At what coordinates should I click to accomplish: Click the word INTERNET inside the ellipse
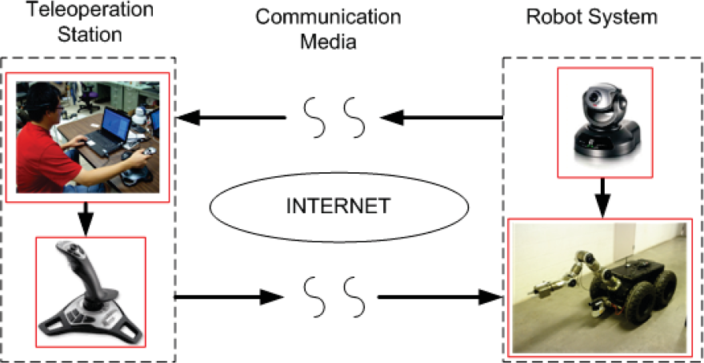[x=339, y=207]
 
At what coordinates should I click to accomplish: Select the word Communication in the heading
[x=328, y=17]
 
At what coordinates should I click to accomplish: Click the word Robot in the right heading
[x=553, y=17]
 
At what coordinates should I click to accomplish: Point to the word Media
[x=328, y=42]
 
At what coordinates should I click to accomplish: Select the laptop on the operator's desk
[x=108, y=131]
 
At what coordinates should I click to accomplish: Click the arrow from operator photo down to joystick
[x=86, y=219]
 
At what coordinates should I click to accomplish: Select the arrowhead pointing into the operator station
[x=188, y=118]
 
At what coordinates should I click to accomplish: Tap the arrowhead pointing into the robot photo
[x=490, y=296]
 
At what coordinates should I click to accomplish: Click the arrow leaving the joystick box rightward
[x=229, y=296]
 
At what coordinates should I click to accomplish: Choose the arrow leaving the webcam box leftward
[x=442, y=118]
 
